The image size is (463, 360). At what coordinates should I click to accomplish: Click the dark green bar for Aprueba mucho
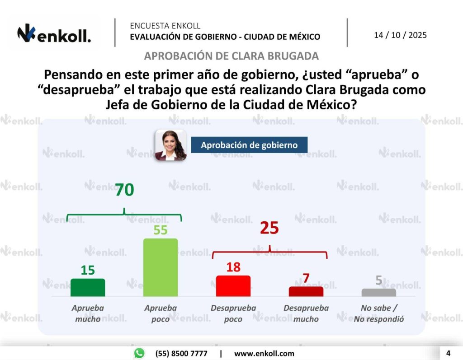click(x=88, y=287)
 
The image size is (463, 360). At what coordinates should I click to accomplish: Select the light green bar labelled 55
click(x=161, y=267)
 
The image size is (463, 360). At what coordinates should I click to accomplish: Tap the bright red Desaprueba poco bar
click(x=233, y=285)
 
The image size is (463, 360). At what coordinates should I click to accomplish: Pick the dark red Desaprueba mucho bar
click(x=306, y=291)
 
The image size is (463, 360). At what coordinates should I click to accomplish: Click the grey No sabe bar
click(x=379, y=292)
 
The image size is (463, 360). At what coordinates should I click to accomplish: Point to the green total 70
click(x=124, y=190)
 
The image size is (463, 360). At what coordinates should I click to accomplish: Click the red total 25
click(x=269, y=228)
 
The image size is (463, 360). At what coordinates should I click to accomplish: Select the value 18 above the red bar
click(x=233, y=267)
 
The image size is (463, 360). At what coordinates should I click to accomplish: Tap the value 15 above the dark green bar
click(x=88, y=270)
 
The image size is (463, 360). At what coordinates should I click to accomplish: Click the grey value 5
click(x=379, y=281)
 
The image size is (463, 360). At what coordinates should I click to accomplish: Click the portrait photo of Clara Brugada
click(x=170, y=145)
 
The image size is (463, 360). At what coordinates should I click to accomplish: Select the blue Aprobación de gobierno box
click(x=249, y=145)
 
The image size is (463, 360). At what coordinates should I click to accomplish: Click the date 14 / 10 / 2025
click(x=400, y=35)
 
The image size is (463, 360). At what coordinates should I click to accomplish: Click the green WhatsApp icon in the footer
click(x=139, y=353)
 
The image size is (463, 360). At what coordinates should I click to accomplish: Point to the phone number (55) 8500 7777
click(x=181, y=353)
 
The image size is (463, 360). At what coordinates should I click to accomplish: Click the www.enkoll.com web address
click(x=264, y=353)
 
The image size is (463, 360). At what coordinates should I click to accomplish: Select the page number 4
click(x=448, y=353)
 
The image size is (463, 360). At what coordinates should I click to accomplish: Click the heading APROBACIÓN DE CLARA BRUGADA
click(x=231, y=56)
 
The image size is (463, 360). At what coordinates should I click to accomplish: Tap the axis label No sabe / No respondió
click(x=379, y=313)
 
